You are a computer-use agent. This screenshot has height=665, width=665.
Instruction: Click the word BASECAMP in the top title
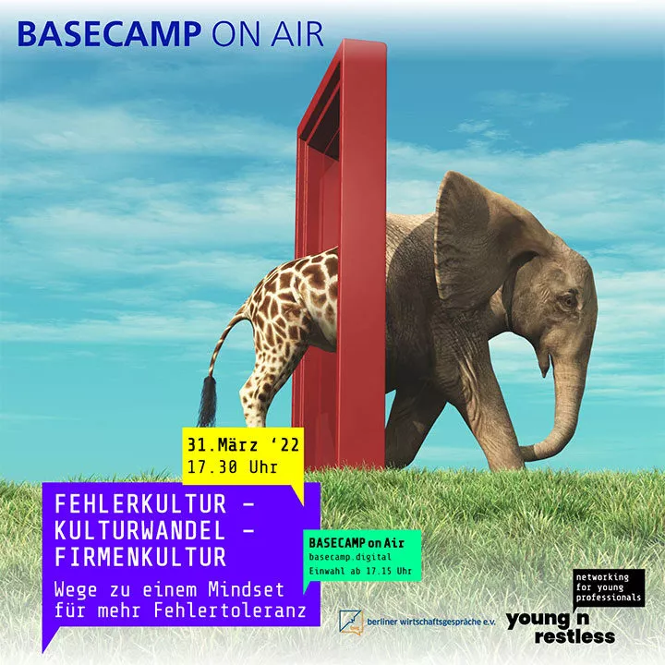[x=109, y=34]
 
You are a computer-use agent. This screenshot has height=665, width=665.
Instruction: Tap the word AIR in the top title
[x=297, y=34]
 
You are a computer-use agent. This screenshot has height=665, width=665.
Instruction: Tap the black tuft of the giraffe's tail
[x=208, y=401]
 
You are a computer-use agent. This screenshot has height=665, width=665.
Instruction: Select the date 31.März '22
[x=244, y=445]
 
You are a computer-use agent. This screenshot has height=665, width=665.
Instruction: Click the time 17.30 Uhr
[x=233, y=467]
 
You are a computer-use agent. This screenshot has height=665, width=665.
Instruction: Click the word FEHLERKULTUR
[x=140, y=504]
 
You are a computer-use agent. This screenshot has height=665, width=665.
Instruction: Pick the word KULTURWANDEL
[x=140, y=530]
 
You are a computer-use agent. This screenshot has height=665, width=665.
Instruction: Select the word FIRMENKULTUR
[x=140, y=557]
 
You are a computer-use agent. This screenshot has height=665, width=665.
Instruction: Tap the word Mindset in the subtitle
[x=246, y=589]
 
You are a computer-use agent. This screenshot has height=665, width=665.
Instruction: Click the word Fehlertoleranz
[x=230, y=611]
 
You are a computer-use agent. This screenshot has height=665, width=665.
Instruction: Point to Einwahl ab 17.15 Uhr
[x=360, y=571]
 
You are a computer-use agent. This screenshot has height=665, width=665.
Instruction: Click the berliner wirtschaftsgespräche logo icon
[x=350, y=623]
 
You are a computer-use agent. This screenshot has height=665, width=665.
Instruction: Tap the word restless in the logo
[x=574, y=637]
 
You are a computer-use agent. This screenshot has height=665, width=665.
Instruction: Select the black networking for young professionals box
[x=609, y=587]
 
